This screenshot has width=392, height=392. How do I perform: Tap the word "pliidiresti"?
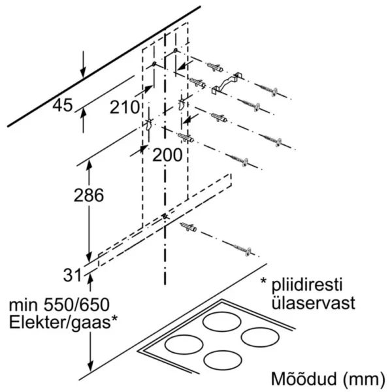pos(310,285)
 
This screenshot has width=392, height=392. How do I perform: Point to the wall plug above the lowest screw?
pos(188,226)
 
